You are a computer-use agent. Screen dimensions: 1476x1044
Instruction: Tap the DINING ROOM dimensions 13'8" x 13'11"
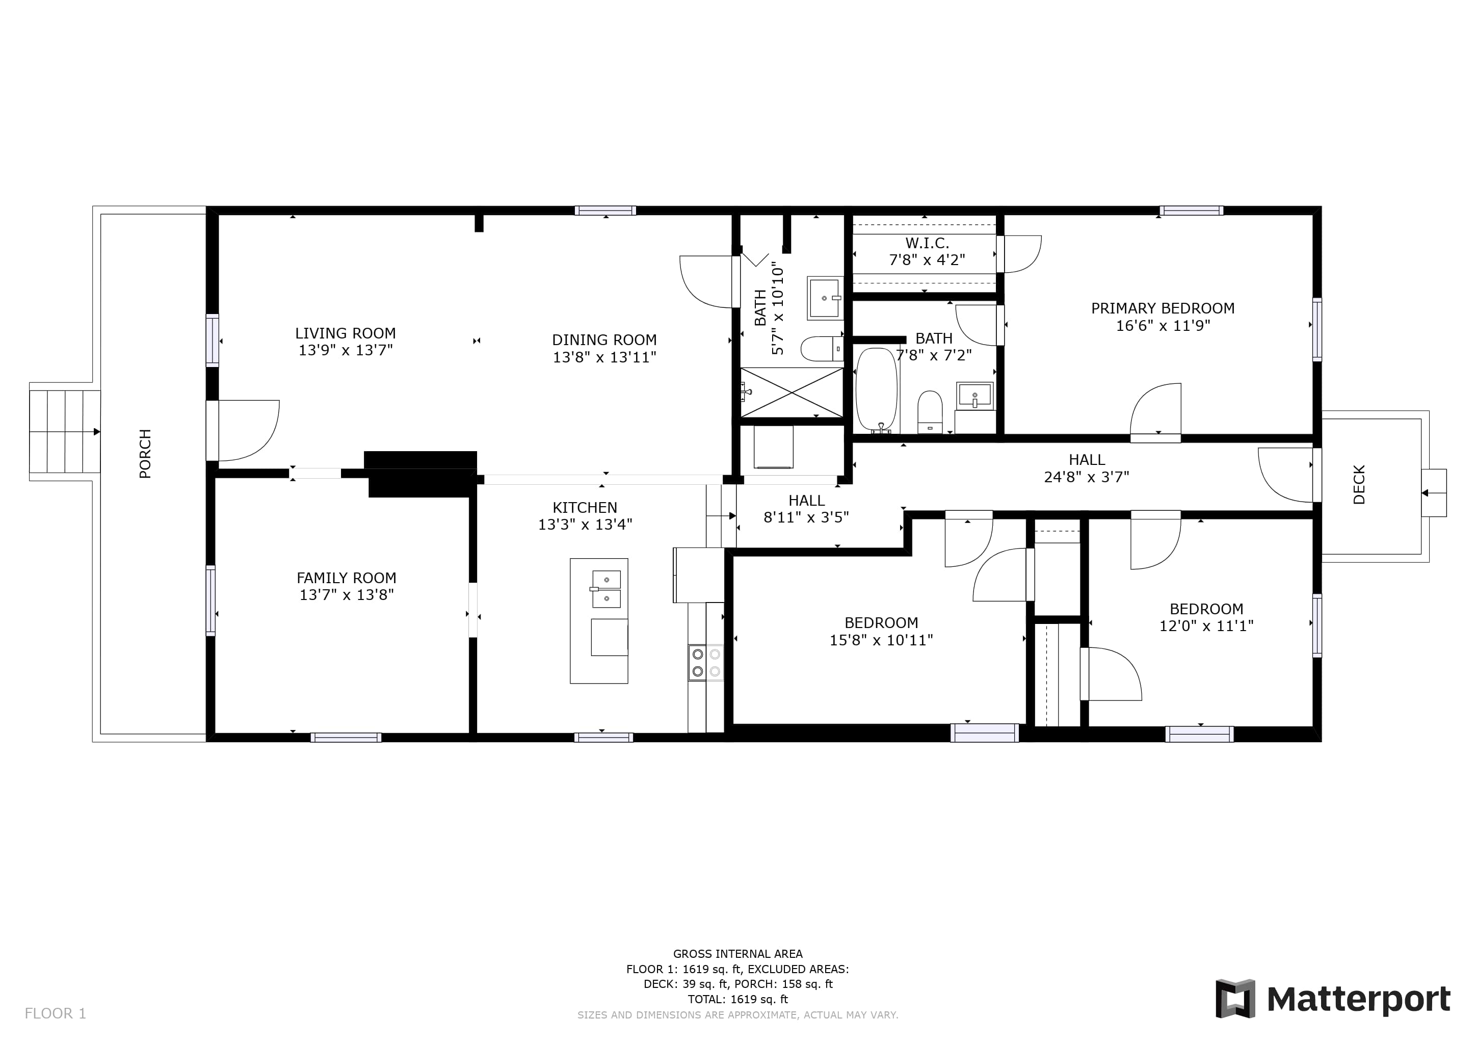click(604, 357)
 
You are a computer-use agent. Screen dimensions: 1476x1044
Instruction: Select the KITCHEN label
click(585, 507)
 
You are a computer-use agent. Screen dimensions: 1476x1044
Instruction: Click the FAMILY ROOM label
click(347, 578)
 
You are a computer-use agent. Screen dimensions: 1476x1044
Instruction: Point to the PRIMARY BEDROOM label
click(1163, 308)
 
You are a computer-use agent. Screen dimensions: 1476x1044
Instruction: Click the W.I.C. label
click(927, 243)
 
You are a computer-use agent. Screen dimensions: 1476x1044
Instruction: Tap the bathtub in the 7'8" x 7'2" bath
click(876, 390)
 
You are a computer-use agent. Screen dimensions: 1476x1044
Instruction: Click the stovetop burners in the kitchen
click(706, 663)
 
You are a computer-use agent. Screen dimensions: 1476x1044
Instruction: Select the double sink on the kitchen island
click(606, 589)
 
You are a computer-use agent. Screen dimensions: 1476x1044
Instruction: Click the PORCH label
click(145, 454)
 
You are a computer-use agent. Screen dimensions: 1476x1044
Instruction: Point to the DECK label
click(1359, 485)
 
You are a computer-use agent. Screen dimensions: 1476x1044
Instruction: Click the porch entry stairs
click(65, 431)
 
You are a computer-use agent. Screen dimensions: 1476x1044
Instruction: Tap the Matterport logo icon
click(1235, 999)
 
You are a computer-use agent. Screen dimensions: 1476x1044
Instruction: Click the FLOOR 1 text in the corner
click(55, 1014)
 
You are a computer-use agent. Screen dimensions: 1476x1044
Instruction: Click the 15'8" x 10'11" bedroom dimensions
click(881, 640)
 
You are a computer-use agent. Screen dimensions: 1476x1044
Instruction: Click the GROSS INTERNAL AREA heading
click(738, 954)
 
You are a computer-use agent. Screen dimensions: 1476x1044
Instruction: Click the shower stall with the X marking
click(792, 392)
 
